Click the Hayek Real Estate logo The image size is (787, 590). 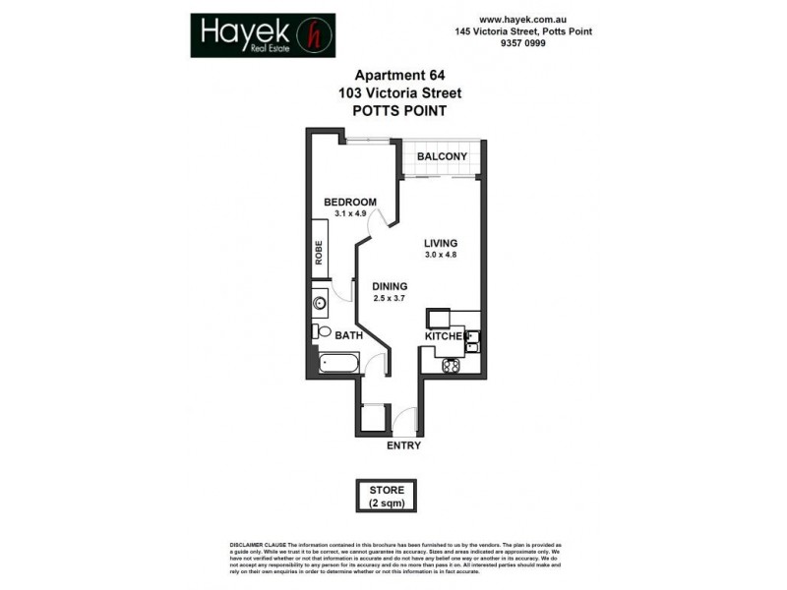[x=263, y=34]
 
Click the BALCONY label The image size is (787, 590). [x=442, y=157]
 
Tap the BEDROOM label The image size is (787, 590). [x=350, y=203]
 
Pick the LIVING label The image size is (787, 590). [x=442, y=243]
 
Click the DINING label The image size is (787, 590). [x=390, y=286]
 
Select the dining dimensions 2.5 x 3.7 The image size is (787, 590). [x=390, y=298]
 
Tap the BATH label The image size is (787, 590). [x=348, y=335]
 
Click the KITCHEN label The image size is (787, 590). [x=443, y=337]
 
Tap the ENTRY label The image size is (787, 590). [x=404, y=445]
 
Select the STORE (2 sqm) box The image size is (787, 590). [x=387, y=496]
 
